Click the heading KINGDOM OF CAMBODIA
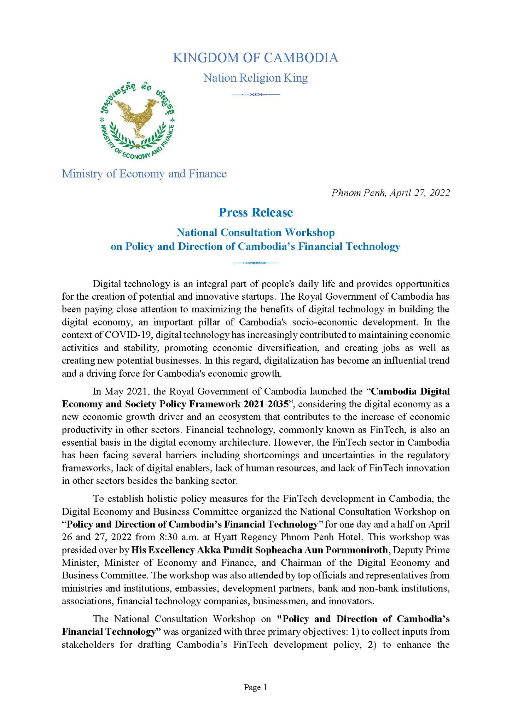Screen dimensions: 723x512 pyautogui.click(x=255, y=58)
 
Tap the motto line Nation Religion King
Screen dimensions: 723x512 pyautogui.click(x=255, y=78)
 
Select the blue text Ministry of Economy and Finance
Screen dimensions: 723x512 pyautogui.click(x=144, y=174)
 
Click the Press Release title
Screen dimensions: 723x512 pyautogui.click(x=256, y=212)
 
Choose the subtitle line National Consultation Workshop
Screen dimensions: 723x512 pyautogui.click(x=255, y=233)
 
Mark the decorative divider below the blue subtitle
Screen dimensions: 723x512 pyautogui.click(x=255, y=263)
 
